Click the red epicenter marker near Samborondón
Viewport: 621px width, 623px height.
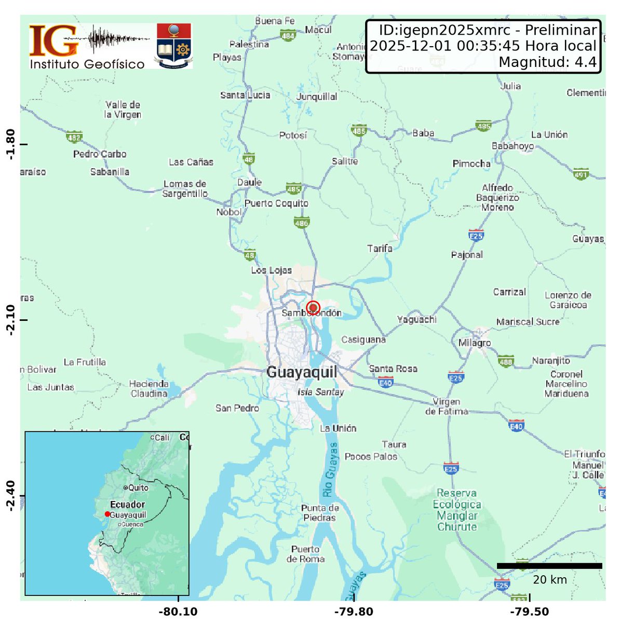click(x=313, y=307)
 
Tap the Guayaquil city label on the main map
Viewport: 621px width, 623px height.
click(x=301, y=372)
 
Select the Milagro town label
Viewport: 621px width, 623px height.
click(x=474, y=343)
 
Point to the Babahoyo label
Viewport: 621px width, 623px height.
click(x=512, y=146)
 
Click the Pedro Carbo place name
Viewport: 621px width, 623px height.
click(x=100, y=154)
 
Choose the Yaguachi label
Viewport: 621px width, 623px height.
click(x=416, y=319)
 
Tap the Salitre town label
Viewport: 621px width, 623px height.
click(x=345, y=161)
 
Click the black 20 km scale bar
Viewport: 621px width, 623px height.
click(x=549, y=566)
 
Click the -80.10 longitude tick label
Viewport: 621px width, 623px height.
click(x=178, y=612)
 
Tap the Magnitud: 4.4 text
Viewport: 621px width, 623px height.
click(x=547, y=62)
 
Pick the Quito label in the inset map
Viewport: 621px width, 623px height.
click(x=139, y=487)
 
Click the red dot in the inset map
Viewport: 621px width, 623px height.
click(x=107, y=514)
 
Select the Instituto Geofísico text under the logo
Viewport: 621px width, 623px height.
click(x=87, y=64)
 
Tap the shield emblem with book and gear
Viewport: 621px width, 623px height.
click(x=174, y=45)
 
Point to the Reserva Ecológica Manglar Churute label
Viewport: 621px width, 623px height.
click(x=457, y=510)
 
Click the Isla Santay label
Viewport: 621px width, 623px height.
click(x=321, y=392)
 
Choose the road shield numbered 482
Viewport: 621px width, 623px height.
click(x=74, y=138)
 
